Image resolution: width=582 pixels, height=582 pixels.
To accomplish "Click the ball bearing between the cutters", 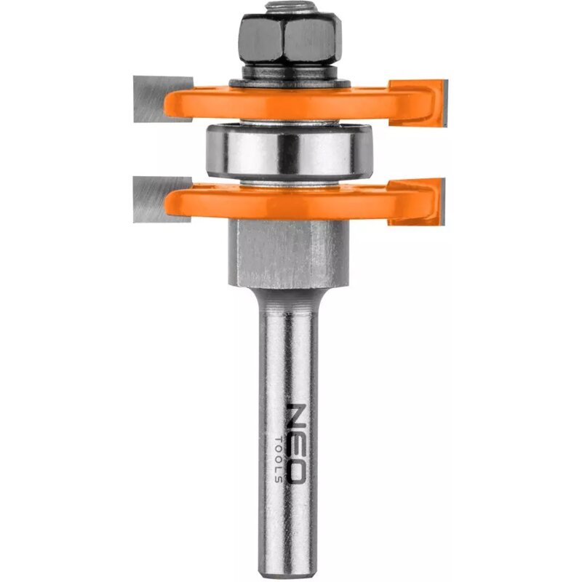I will click(289, 149).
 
